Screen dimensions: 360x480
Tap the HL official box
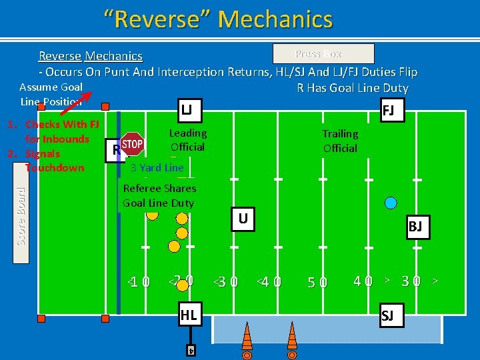click(189, 315)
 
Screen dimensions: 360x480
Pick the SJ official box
click(387, 316)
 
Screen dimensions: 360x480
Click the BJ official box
click(415, 227)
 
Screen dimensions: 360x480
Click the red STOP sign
click(133, 144)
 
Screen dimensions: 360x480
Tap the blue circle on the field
click(391, 202)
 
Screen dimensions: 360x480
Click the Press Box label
click(324, 54)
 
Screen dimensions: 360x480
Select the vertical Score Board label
click(21, 215)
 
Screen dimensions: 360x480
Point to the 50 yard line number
click(317, 282)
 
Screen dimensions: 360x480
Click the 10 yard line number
click(140, 282)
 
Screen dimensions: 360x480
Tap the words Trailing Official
click(340, 141)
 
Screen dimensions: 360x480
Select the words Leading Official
click(187, 140)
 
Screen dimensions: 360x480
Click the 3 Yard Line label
click(157, 167)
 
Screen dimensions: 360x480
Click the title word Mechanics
click(275, 19)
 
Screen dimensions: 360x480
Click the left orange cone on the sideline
click(247, 334)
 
